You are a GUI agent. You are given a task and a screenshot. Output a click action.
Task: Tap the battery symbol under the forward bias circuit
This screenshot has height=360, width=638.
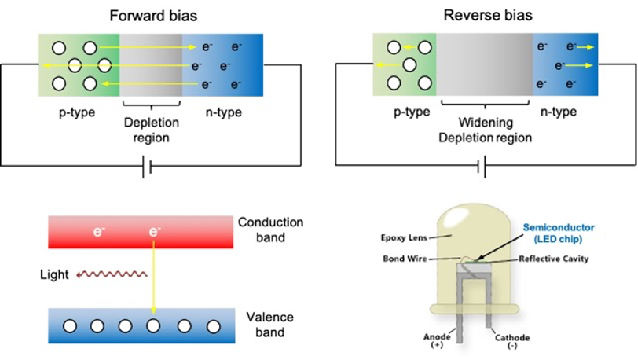146,166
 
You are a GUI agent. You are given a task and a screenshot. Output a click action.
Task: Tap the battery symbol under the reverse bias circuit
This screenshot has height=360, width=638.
482,166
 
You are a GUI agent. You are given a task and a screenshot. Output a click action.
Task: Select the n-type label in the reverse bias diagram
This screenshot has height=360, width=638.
559,112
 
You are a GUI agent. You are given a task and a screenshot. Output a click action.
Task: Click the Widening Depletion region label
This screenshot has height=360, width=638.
486,130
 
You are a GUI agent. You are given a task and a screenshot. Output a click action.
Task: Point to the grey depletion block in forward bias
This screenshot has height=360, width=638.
151,64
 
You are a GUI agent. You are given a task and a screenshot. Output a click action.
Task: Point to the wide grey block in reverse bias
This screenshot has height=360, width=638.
484,65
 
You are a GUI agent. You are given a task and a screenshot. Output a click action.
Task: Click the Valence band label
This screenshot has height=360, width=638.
270,324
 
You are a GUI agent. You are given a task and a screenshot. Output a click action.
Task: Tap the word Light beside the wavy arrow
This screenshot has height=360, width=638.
54,274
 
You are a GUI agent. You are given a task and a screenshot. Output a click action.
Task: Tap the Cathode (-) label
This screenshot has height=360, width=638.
512,341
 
